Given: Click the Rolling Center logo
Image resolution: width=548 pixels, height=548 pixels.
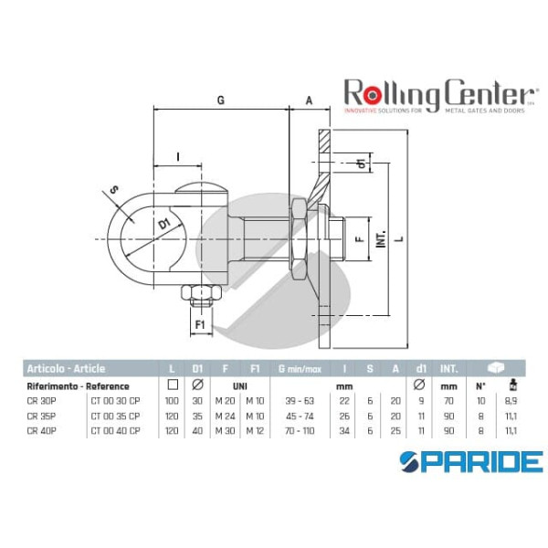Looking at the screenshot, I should click(x=438, y=95).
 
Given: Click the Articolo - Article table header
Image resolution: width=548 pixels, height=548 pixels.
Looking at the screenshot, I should click(x=65, y=369).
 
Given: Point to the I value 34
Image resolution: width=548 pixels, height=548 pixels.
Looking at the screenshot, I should click(x=345, y=429).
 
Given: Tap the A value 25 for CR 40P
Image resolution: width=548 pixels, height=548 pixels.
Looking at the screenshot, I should click(x=395, y=429).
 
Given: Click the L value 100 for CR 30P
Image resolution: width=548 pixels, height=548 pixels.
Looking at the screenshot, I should click(x=171, y=400).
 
